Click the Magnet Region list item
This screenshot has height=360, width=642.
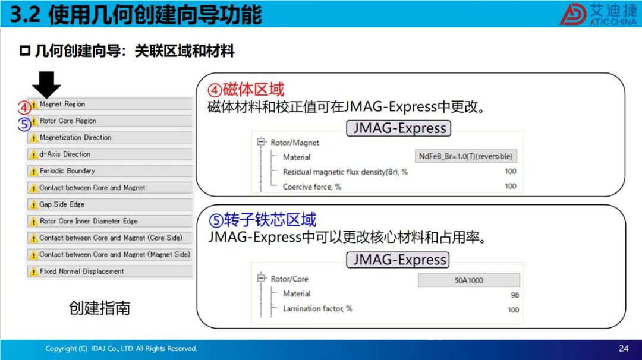click(110, 105)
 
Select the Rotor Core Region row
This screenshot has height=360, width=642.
click(110, 121)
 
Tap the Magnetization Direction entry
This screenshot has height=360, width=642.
click(110, 137)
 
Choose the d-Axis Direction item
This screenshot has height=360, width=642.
click(110, 154)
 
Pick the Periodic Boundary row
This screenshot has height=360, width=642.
click(110, 171)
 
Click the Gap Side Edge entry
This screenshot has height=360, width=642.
click(110, 204)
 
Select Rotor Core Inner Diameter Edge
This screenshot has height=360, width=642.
click(110, 221)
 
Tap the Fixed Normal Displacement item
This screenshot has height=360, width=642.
click(110, 271)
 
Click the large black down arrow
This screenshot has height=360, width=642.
click(46, 84)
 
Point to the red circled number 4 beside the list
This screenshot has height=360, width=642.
click(24, 108)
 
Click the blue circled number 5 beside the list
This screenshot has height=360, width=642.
click(24, 124)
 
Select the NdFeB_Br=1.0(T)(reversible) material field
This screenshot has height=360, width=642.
click(465, 156)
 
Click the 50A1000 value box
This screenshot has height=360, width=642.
click(469, 280)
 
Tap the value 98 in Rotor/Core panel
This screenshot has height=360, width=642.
click(515, 295)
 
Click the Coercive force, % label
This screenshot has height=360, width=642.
click(311, 187)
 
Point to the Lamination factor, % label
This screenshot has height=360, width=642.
click(317, 308)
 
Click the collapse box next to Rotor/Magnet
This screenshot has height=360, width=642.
click(260, 142)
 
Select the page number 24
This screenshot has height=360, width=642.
click(624, 348)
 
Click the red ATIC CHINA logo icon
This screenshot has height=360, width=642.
click(573, 14)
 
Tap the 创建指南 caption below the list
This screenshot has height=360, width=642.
click(99, 308)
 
